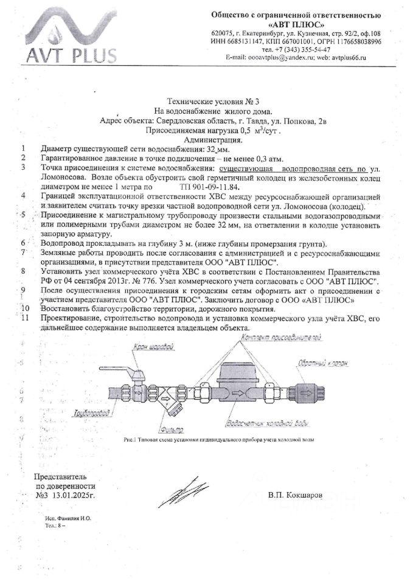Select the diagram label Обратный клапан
[x=331, y=362]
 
